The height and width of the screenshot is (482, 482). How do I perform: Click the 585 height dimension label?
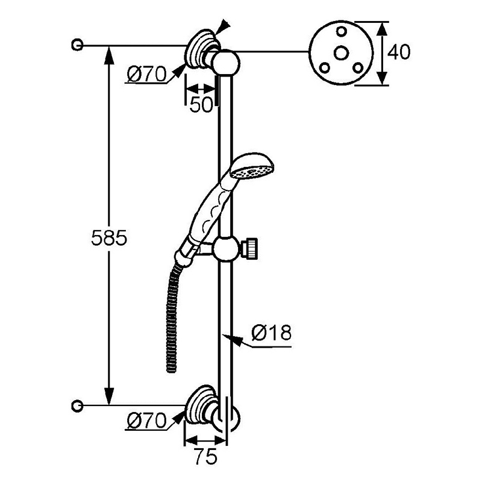coord(109,237)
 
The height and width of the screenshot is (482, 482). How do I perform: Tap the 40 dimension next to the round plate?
coord(399,52)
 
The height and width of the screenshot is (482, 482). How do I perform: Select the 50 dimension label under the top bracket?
coord(201,104)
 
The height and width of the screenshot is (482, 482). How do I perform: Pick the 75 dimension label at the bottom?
coord(205,456)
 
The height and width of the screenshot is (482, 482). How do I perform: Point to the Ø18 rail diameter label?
coord(271,333)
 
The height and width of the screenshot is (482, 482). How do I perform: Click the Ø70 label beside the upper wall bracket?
coord(146,74)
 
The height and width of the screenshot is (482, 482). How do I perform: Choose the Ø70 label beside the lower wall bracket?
coord(146,421)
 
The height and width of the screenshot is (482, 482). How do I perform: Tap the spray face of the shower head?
coord(252,173)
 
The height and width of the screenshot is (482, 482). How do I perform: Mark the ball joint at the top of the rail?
coord(227,63)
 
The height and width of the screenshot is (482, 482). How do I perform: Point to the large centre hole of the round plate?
coord(341,53)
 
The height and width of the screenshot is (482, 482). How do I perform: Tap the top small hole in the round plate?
coord(341,31)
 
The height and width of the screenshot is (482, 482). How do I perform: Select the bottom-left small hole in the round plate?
coord(325,67)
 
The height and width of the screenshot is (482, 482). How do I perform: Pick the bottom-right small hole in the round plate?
coord(358,67)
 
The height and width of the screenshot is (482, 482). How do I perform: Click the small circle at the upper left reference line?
coord(77,45)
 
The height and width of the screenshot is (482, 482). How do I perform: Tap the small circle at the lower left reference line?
coord(77,405)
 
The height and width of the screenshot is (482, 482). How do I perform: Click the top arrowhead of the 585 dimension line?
coord(109,54)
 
